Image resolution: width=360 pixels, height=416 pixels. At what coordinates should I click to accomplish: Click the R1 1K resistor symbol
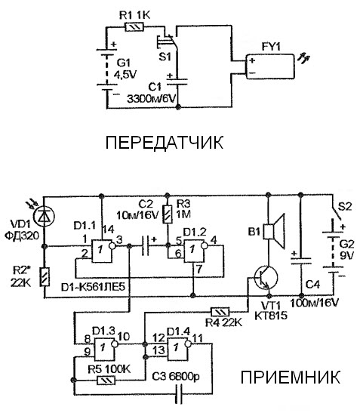(134, 27)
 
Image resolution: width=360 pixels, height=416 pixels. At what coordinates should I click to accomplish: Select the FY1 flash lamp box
(270, 66)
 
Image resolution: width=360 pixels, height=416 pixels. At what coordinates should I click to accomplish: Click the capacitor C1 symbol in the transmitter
(177, 82)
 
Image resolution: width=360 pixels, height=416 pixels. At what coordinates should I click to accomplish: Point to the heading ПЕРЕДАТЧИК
(165, 143)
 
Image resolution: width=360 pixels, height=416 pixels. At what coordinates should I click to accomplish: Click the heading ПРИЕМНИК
(291, 377)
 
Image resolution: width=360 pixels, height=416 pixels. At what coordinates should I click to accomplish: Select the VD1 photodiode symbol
(45, 216)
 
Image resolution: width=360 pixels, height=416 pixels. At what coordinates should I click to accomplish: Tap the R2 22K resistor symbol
(45, 277)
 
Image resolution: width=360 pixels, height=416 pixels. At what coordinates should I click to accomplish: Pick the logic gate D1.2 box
(195, 251)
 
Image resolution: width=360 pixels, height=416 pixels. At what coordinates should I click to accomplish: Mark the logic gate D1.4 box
(179, 349)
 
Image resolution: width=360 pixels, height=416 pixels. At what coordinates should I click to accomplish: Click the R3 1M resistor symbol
(168, 214)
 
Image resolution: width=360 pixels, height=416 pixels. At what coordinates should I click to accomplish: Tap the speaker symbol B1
(274, 232)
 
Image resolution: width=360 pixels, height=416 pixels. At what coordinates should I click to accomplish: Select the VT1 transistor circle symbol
(266, 277)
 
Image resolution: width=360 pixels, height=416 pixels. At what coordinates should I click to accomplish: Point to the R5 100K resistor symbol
(106, 381)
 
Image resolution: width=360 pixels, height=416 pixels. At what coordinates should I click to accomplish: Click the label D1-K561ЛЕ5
(93, 287)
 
